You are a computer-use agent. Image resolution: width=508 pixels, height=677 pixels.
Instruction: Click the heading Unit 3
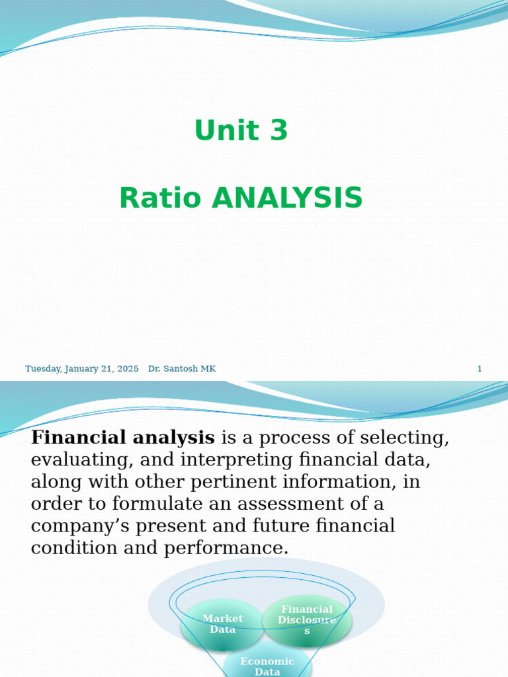241,130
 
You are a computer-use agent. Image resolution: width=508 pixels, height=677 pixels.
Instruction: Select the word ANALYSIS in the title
287,198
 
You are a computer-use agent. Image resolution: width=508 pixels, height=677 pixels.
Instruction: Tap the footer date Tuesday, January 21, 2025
82,369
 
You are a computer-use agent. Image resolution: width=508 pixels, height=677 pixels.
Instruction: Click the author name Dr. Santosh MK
182,369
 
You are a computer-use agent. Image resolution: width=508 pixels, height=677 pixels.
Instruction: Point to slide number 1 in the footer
480,369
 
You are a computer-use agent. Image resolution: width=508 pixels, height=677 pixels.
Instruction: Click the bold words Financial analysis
123,438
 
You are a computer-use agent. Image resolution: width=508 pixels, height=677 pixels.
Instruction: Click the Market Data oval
222,624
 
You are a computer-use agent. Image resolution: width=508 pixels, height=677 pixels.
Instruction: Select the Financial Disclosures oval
307,620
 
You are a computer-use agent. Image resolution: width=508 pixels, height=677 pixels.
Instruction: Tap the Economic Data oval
267,664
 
